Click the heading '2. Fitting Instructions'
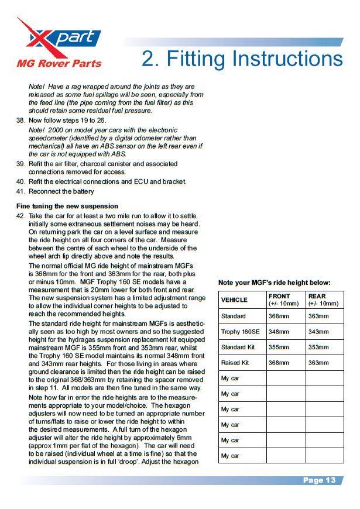[242, 59]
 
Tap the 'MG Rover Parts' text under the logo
[59, 63]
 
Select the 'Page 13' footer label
[319, 480]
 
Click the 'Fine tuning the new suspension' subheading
[67, 207]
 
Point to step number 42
[20, 216]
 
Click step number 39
[20, 164]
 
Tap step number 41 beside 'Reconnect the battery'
[20, 191]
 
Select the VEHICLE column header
[234, 300]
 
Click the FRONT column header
[279, 297]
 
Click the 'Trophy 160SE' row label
[240, 332]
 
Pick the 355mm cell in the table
[278, 348]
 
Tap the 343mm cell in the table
[318, 332]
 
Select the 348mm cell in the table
[278, 332]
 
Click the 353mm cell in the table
[318, 348]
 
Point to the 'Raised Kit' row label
[235, 363]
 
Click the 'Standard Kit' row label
[238, 348]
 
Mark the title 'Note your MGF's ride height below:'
[275, 283]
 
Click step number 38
[20, 120]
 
